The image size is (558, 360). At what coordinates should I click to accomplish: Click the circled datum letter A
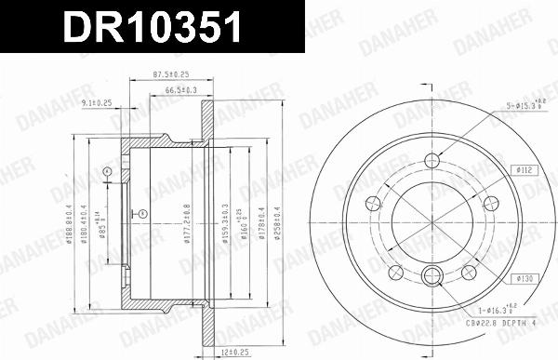click(x=108, y=171)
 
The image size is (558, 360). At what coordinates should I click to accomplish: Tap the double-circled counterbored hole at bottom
click(x=434, y=274)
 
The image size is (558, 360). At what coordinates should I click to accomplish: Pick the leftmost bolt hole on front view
click(x=374, y=200)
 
